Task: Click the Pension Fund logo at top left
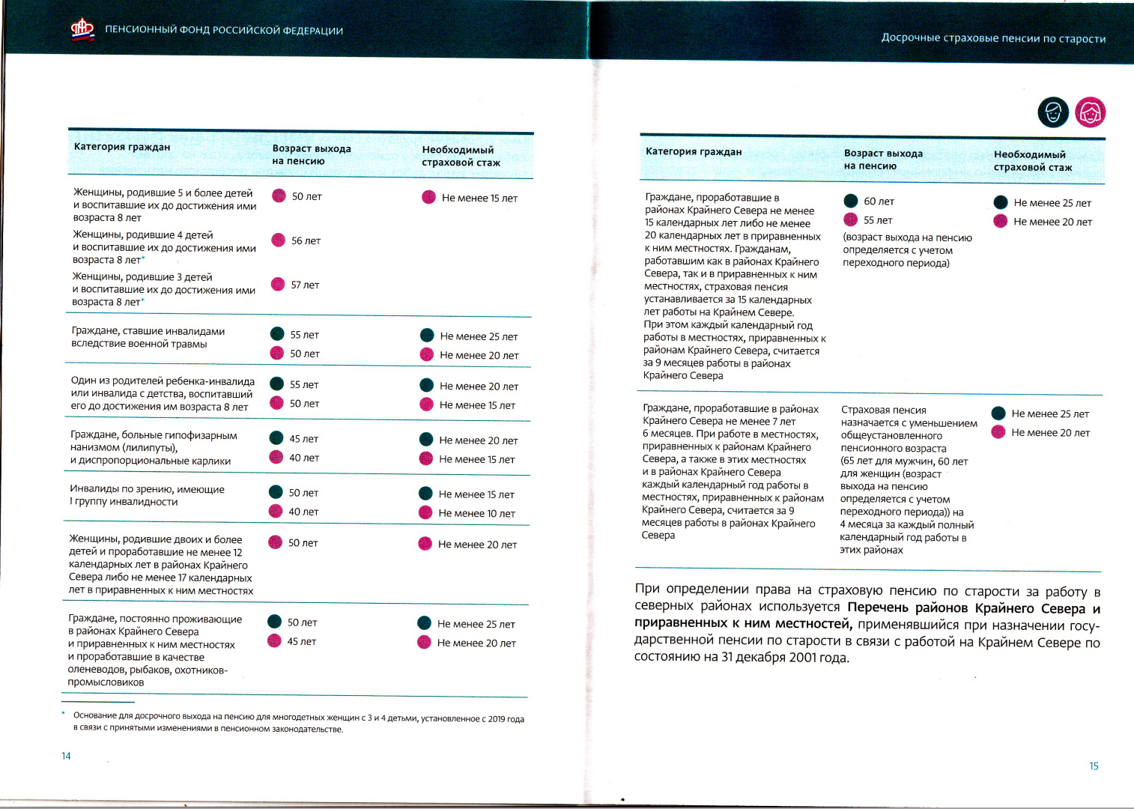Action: click(82, 29)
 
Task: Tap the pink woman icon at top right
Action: click(1090, 113)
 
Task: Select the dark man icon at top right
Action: click(1052, 113)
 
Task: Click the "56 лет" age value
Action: click(306, 241)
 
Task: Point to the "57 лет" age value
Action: click(305, 285)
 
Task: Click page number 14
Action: click(66, 756)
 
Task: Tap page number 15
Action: click(1094, 766)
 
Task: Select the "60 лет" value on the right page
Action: click(879, 202)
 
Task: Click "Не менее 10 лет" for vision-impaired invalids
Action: click(476, 514)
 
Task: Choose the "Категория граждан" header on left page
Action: click(122, 147)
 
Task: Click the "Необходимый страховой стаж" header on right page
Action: click(1032, 161)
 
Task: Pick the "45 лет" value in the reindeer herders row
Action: click(301, 642)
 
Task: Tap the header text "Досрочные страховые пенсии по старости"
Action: click(993, 38)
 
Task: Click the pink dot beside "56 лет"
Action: click(278, 240)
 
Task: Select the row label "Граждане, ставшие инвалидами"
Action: click(148, 331)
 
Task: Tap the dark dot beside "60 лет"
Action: click(851, 201)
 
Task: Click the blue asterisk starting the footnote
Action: click(64, 714)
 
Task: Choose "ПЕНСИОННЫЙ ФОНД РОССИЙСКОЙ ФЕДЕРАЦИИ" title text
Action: click(224, 31)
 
